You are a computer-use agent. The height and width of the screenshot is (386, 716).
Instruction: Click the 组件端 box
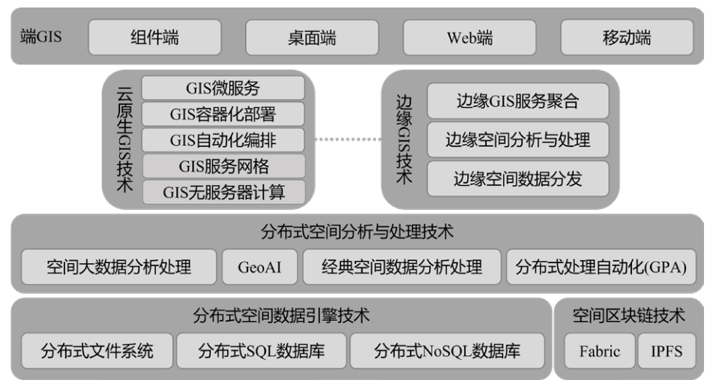[x=154, y=37]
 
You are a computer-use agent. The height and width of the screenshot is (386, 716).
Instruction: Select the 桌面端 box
[x=312, y=37]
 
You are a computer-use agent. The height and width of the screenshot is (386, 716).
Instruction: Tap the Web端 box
[x=469, y=37]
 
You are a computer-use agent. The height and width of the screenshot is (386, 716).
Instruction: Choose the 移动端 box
[x=627, y=37]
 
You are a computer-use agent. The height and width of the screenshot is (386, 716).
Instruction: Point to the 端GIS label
[x=40, y=36]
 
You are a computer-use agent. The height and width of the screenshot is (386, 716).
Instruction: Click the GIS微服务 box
[x=223, y=88]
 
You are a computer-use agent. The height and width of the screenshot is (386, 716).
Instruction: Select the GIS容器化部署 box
[x=223, y=114]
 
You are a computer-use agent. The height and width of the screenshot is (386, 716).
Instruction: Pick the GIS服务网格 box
[x=223, y=166]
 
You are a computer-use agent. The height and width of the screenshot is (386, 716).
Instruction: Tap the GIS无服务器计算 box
[x=223, y=192]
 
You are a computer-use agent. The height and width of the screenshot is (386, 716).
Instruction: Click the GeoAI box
[x=259, y=267]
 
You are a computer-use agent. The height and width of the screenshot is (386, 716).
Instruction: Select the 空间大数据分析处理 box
[x=118, y=267]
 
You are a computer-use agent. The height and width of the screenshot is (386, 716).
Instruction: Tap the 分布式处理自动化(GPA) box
[x=601, y=267]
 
